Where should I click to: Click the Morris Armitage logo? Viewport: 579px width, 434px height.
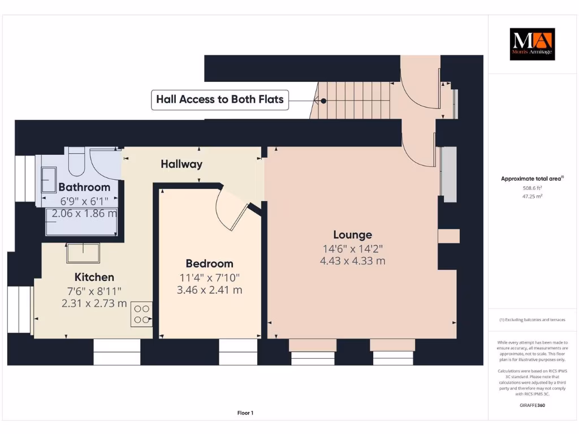click(532, 44)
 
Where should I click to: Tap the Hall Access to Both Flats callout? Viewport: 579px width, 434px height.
click(220, 100)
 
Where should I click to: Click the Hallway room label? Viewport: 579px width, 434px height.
click(181, 164)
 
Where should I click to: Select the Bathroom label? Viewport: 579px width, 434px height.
click(84, 187)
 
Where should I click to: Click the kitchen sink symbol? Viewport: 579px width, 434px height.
click(83, 253)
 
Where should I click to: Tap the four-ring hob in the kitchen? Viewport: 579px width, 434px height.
click(141, 314)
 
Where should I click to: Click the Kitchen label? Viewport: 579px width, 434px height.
click(94, 277)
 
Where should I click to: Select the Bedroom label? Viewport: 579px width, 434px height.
click(209, 263)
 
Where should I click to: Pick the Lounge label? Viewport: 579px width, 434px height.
click(352, 235)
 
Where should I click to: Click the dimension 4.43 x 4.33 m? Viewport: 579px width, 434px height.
click(352, 261)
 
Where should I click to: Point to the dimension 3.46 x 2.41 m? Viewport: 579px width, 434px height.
click(209, 290)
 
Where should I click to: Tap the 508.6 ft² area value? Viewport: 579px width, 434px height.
click(532, 188)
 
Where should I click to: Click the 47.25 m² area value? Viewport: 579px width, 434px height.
click(532, 196)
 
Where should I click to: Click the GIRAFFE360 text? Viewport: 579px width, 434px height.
click(532, 405)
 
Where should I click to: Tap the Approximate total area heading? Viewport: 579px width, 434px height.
click(532, 179)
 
